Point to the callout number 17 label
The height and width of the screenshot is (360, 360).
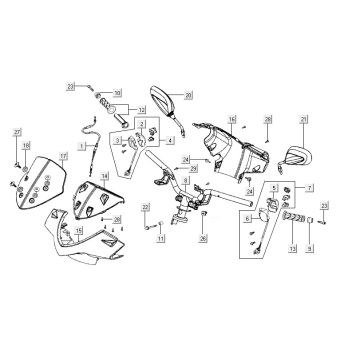pyautogui.click(x=62, y=156)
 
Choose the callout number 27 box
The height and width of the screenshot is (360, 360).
pyautogui.click(x=17, y=133)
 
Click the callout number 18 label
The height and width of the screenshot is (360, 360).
pyautogui.click(x=26, y=146)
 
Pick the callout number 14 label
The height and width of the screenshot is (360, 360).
pyautogui.click(x=103, y=177)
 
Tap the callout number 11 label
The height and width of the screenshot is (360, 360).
pyautogui.click(x=162, y=240)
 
